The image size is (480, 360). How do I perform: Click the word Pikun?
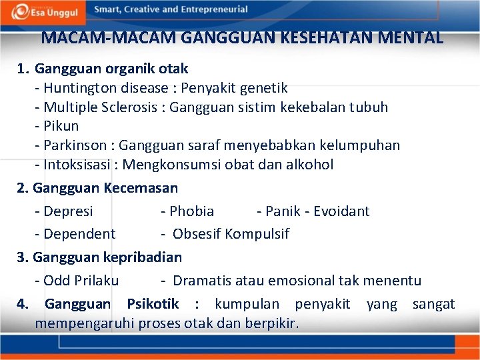[x=61, y=126]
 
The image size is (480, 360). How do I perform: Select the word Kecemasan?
[x=141, y=189]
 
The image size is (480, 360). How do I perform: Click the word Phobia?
[x=192, y=211]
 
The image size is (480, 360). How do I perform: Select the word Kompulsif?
[x=257, y=234]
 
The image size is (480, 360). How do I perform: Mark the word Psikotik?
[x=153, y=305]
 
